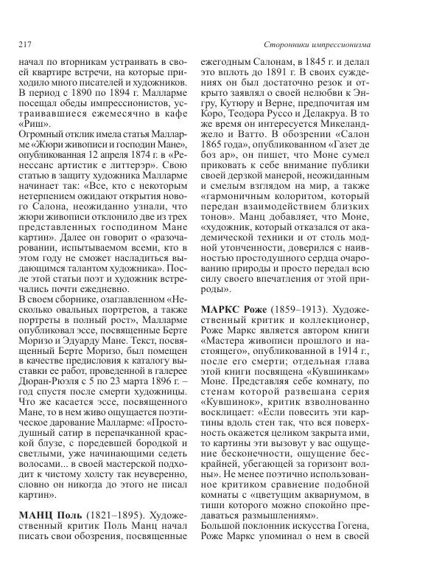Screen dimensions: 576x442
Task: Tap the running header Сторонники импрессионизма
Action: point(317,45)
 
